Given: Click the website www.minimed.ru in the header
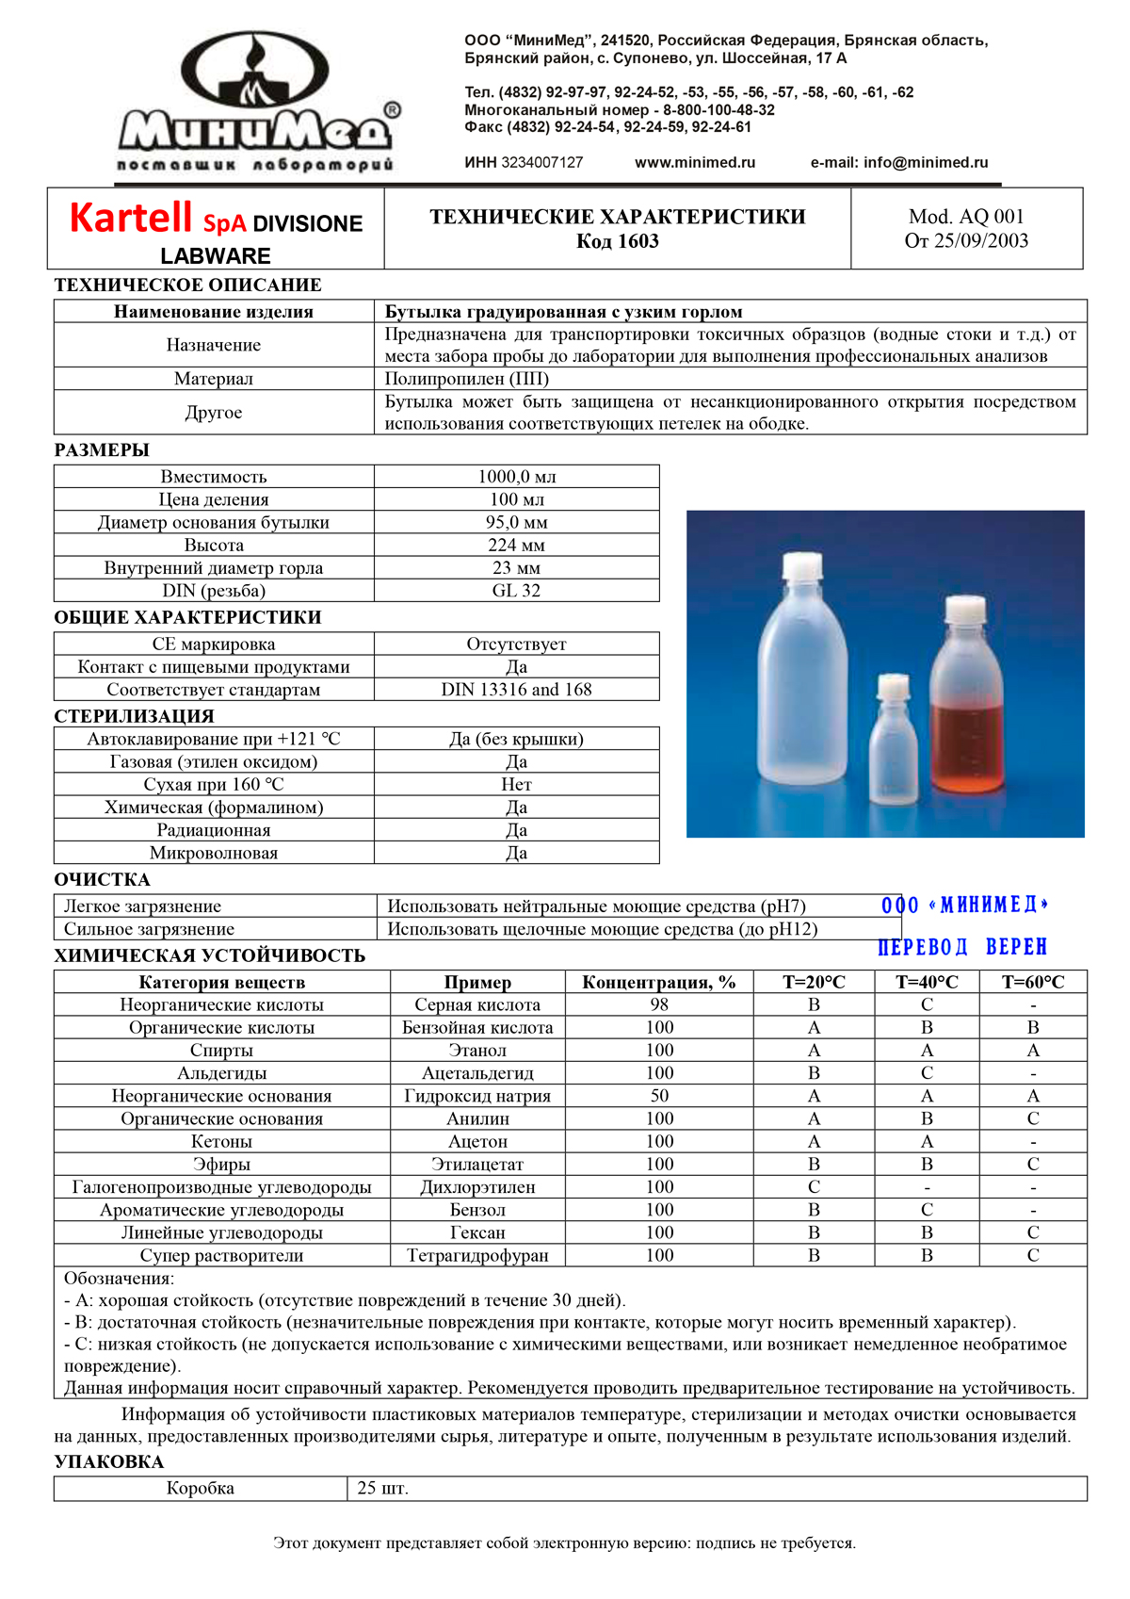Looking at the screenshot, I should point(695,162).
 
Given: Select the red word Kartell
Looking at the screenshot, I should point(131,218).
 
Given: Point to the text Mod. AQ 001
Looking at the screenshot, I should point(966,217).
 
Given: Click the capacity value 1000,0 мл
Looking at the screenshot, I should point(516,477).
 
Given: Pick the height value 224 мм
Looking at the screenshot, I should point(516,545).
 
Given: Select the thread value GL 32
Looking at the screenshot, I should point(516,591).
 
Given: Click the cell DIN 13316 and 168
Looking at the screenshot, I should point(516,690).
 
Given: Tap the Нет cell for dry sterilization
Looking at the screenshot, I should point(516,785).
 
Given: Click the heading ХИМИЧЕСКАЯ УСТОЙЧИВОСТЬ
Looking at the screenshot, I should point(209,955).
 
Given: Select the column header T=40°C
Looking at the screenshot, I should point(927,982).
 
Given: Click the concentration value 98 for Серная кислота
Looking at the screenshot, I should point(659,1004).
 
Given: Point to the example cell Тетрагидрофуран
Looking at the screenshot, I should point(477,1255).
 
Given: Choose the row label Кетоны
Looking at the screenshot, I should point(221,1141).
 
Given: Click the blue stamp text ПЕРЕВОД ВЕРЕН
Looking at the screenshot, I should point(962,947).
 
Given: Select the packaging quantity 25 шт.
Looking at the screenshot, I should point(382,1489).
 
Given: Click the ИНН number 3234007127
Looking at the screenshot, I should point(541,162).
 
